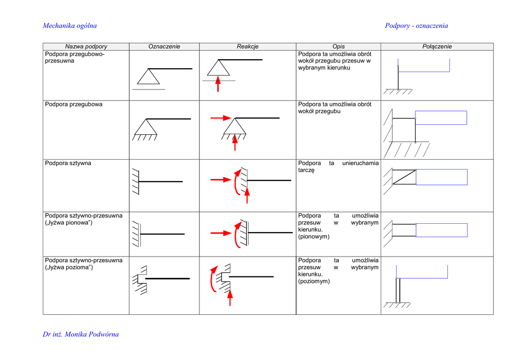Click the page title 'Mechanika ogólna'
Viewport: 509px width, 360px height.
tap(70, 26)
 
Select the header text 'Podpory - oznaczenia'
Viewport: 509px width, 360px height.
tap(416, 26)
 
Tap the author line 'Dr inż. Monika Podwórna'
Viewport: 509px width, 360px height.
tap(81, 334)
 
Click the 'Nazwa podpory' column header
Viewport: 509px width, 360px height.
tap(86, 46)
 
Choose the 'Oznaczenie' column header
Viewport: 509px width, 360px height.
tap(164, 46)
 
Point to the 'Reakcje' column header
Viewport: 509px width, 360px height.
tap(248, 46)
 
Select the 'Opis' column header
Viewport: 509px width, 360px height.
tap(339, 46)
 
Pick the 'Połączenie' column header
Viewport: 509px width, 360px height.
tap(437, 46)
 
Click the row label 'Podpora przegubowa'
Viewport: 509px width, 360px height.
tap(74, 104)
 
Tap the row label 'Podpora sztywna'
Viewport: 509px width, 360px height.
tap(68, 163)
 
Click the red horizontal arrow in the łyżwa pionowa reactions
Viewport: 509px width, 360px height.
tap(221, 232)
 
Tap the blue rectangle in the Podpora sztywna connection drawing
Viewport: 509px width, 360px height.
tap(441, 177)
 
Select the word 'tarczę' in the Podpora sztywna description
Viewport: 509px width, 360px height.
tap(306, 170)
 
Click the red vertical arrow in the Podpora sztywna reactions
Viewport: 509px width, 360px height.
tap(247, 195)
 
